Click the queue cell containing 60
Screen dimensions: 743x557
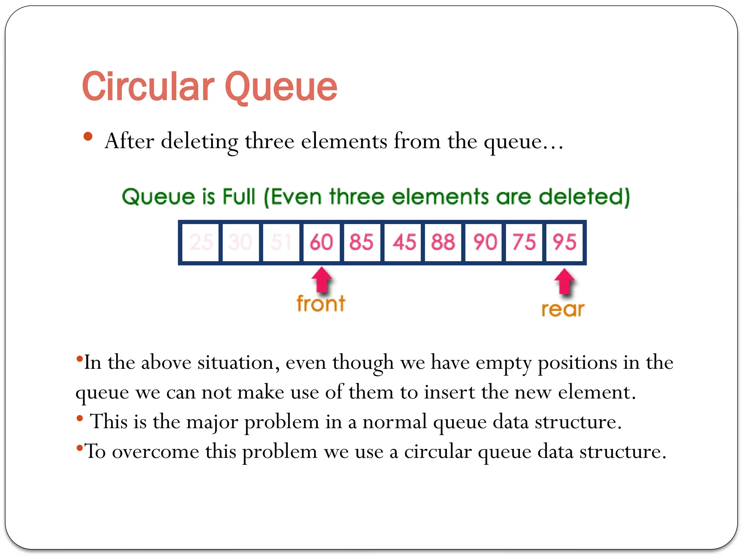point(321,242)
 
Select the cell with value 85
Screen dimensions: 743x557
point(361,242)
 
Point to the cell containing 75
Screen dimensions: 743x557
point(524,242)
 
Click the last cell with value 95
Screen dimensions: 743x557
point(565,242)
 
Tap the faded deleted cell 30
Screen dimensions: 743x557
point(240,242)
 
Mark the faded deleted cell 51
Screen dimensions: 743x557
point(281,242)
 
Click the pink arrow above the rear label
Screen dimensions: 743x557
point(565,281)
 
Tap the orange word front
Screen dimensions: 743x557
point(321,304)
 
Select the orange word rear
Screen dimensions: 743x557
point(563,309)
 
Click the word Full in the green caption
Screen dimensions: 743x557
point(239,197)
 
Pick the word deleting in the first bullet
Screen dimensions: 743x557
point(200,141)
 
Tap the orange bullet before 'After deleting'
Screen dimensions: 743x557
point(88,137)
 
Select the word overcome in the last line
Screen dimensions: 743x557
point(156,452)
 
